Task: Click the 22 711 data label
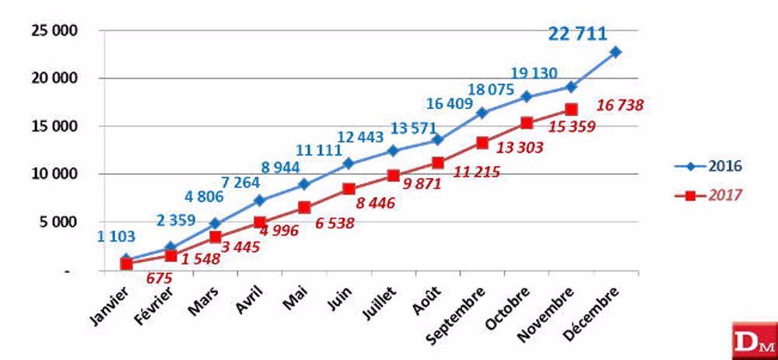(578, 33)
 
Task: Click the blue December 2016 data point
(615, 52)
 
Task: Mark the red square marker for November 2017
(571, 110)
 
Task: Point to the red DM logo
(754, 340)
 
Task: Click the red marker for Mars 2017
(216, 237)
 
